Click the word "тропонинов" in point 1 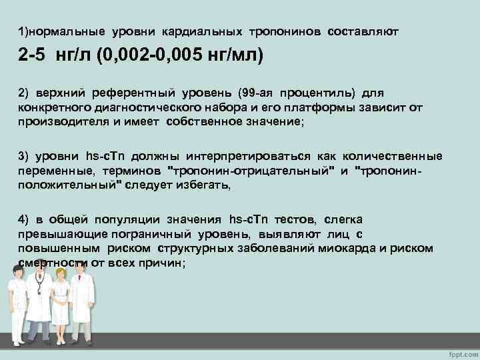(285, 32)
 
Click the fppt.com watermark (459, 351)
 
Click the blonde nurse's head (60, 273)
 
